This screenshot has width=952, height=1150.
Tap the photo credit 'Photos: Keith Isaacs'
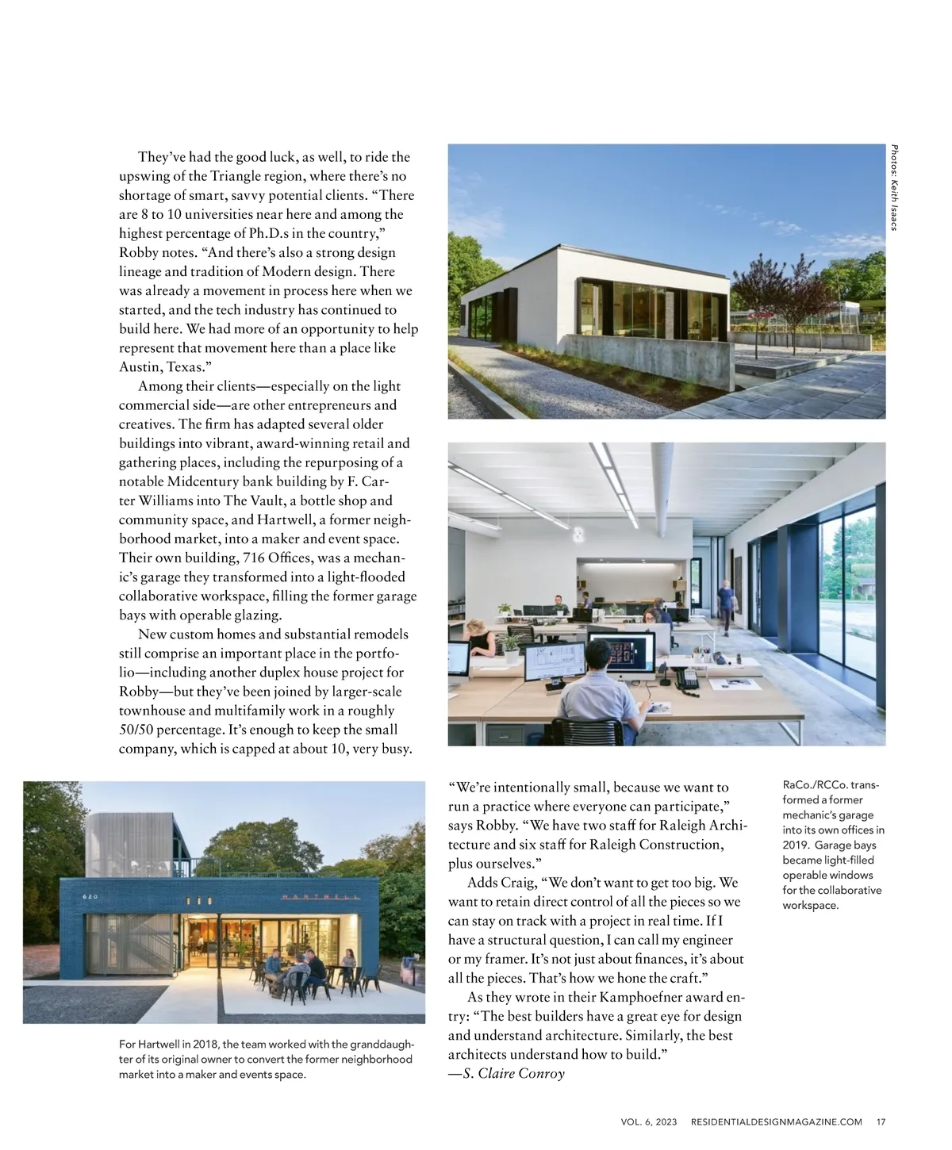[893, 187]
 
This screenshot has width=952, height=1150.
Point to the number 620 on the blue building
[90, 897]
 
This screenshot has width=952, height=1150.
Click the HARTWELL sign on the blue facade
[321, 896]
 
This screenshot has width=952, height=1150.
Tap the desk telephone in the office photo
[685, 677]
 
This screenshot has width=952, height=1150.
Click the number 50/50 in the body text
[140, 730]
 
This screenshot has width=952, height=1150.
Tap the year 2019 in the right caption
[797, 845]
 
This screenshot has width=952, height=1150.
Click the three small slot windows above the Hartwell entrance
[198, 901]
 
